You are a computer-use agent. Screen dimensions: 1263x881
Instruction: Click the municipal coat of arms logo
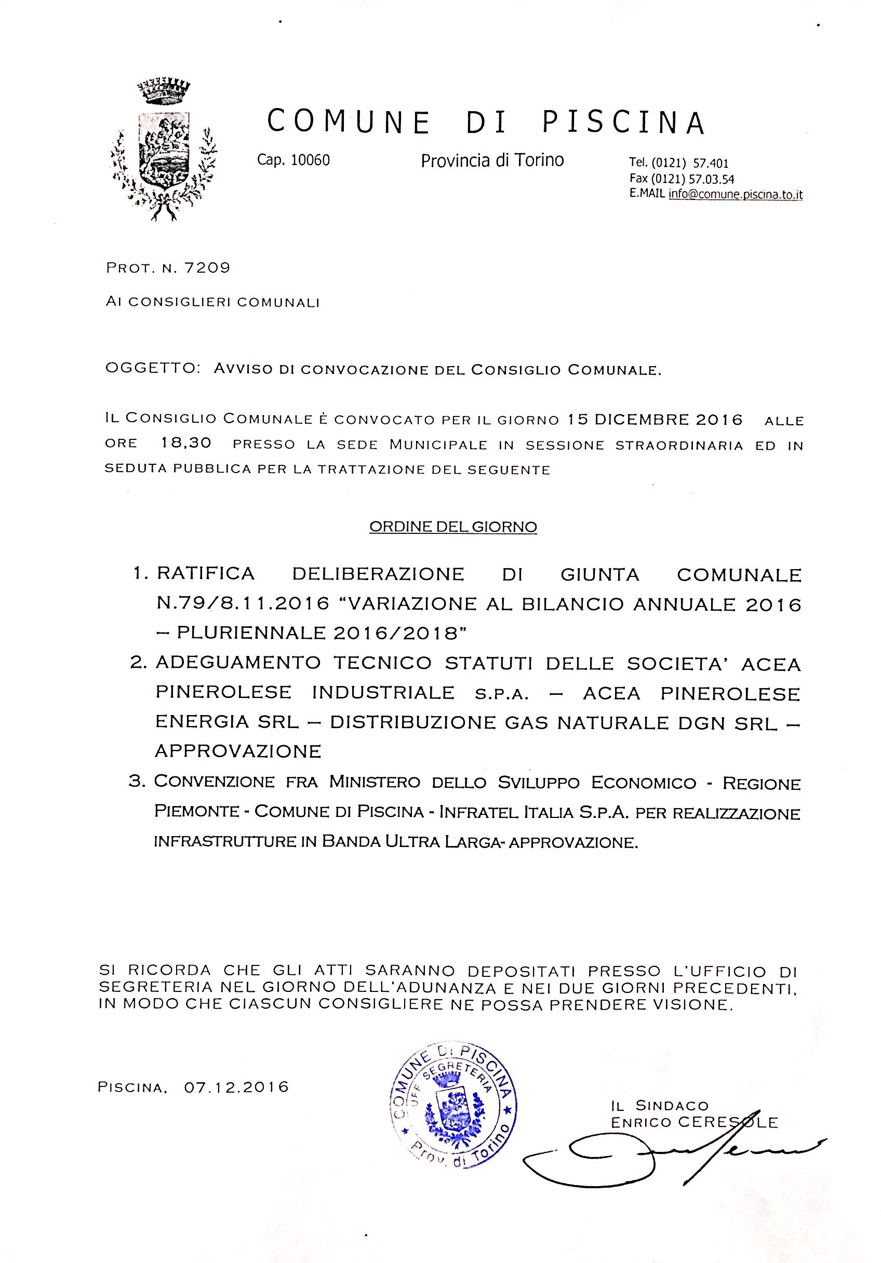[164, 150]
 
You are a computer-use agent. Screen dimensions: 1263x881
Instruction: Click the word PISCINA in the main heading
[623, 122]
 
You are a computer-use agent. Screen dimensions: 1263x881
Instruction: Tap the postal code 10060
[310, 160]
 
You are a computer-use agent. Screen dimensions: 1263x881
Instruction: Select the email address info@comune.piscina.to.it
[735, 194]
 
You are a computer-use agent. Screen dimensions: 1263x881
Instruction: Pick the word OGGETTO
[152, 368]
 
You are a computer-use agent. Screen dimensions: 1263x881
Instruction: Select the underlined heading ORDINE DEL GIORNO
[453, 527]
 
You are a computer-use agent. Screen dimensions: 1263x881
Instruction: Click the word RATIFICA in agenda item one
[206, 574]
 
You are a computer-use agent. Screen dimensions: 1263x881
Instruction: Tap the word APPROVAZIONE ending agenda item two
[238, 751]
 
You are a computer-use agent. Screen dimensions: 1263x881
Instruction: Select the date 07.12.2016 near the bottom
[237, 1087]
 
